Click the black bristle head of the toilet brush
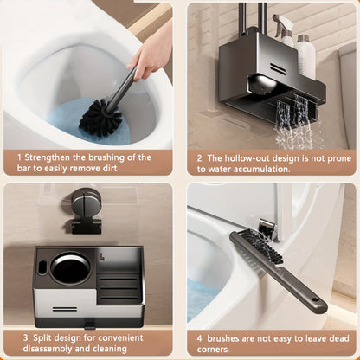click(100, 118)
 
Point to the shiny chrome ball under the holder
click(262, 84)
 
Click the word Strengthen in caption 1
click(48, 157)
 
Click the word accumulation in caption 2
click(261, 169)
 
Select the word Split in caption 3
click(42, 337)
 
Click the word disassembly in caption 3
click(48, 349)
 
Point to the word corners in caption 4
click(213, 350)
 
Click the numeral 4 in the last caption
click(200, 338)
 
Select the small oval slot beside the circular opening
click(42, 267)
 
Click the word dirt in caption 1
click(110, 169)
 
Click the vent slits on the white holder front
click(65, 309)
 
